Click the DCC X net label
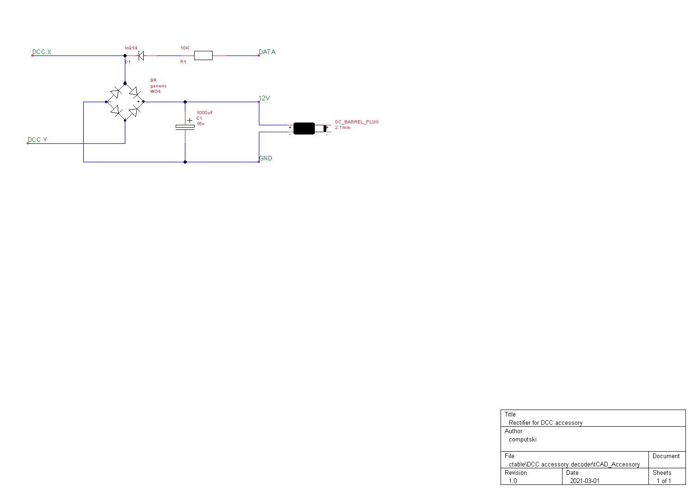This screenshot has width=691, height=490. point(42,52)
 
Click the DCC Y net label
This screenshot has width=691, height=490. point(37,140)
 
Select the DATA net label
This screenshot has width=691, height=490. point(267,52)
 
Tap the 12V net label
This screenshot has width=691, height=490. point(264,98)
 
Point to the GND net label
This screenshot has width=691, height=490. point(266,158)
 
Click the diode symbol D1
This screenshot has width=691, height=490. point(141,55)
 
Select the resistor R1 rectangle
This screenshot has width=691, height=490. point(203,55)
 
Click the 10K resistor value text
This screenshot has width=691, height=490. point(185,48)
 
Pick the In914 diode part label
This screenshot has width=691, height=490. point(131,48)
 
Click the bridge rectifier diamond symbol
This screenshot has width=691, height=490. point(125,102)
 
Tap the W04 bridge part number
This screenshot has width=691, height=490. point(155,92)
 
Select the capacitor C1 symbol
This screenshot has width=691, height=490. point(185,127)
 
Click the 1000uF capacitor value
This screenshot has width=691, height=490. point(205,113)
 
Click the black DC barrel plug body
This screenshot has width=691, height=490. point(304,129)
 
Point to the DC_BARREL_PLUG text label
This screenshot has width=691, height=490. point(357,122)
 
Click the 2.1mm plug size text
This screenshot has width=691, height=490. point(342,128)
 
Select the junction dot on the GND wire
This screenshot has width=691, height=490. point(185,162)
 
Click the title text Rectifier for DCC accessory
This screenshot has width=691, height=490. point(545,423)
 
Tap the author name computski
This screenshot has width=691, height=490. point(523,439)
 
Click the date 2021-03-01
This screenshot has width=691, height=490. point(585,481)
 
